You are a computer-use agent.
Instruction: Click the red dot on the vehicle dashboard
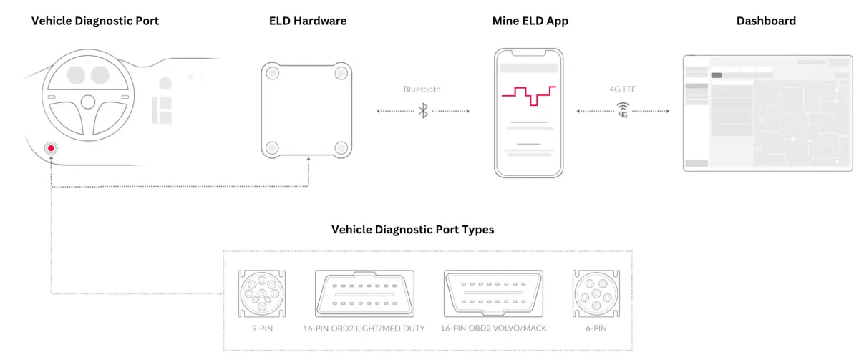pyautogui.click(x=51, y=148)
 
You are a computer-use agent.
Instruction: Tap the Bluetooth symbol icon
pyautogui.click(x=423, y=111)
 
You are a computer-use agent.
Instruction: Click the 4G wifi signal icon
pyautogui.click(x=623, y=110)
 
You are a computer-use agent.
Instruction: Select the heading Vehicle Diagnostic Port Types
pyautogui.click(x=412, y=229)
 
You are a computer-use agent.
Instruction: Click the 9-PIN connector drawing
pyautogui.click(x=262, y=293)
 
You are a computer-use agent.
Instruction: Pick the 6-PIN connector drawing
pyautogui.click(x=596, y=293)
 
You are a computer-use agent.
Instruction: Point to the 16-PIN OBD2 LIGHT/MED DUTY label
pyautogui.click(x=364, y=329)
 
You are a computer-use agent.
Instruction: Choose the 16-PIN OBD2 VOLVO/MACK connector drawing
pyautogui.click(x=493, y=293)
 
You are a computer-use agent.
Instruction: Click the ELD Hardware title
pyautogui.click(x=308, y=21)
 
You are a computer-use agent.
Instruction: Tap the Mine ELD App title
pyautogui.click(x=530, y=21)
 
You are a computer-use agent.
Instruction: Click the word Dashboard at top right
pyautogui.click(x=766, y=21)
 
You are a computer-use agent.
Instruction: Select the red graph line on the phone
pyautogui.click(x=529, y=96)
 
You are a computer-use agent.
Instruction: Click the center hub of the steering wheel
pyautogui.click(x=88, y=102)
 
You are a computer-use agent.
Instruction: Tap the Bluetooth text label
pyautogui.click(x=422, y=89)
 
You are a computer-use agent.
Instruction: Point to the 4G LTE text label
pyautogui.click(x=623, y=89)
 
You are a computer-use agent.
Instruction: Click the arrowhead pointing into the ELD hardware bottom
pyautogui.click(x=309, y=159)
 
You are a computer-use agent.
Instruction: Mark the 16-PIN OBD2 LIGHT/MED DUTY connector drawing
pyautogui.click(x=364, y=293)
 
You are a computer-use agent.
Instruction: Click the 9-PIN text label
pyautogui.click(x=262, y=329)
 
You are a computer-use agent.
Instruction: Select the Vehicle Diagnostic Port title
pyautogui.click(x=95, y=21)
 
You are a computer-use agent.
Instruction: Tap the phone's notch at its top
pyautogui.click(x=529, y=52)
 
